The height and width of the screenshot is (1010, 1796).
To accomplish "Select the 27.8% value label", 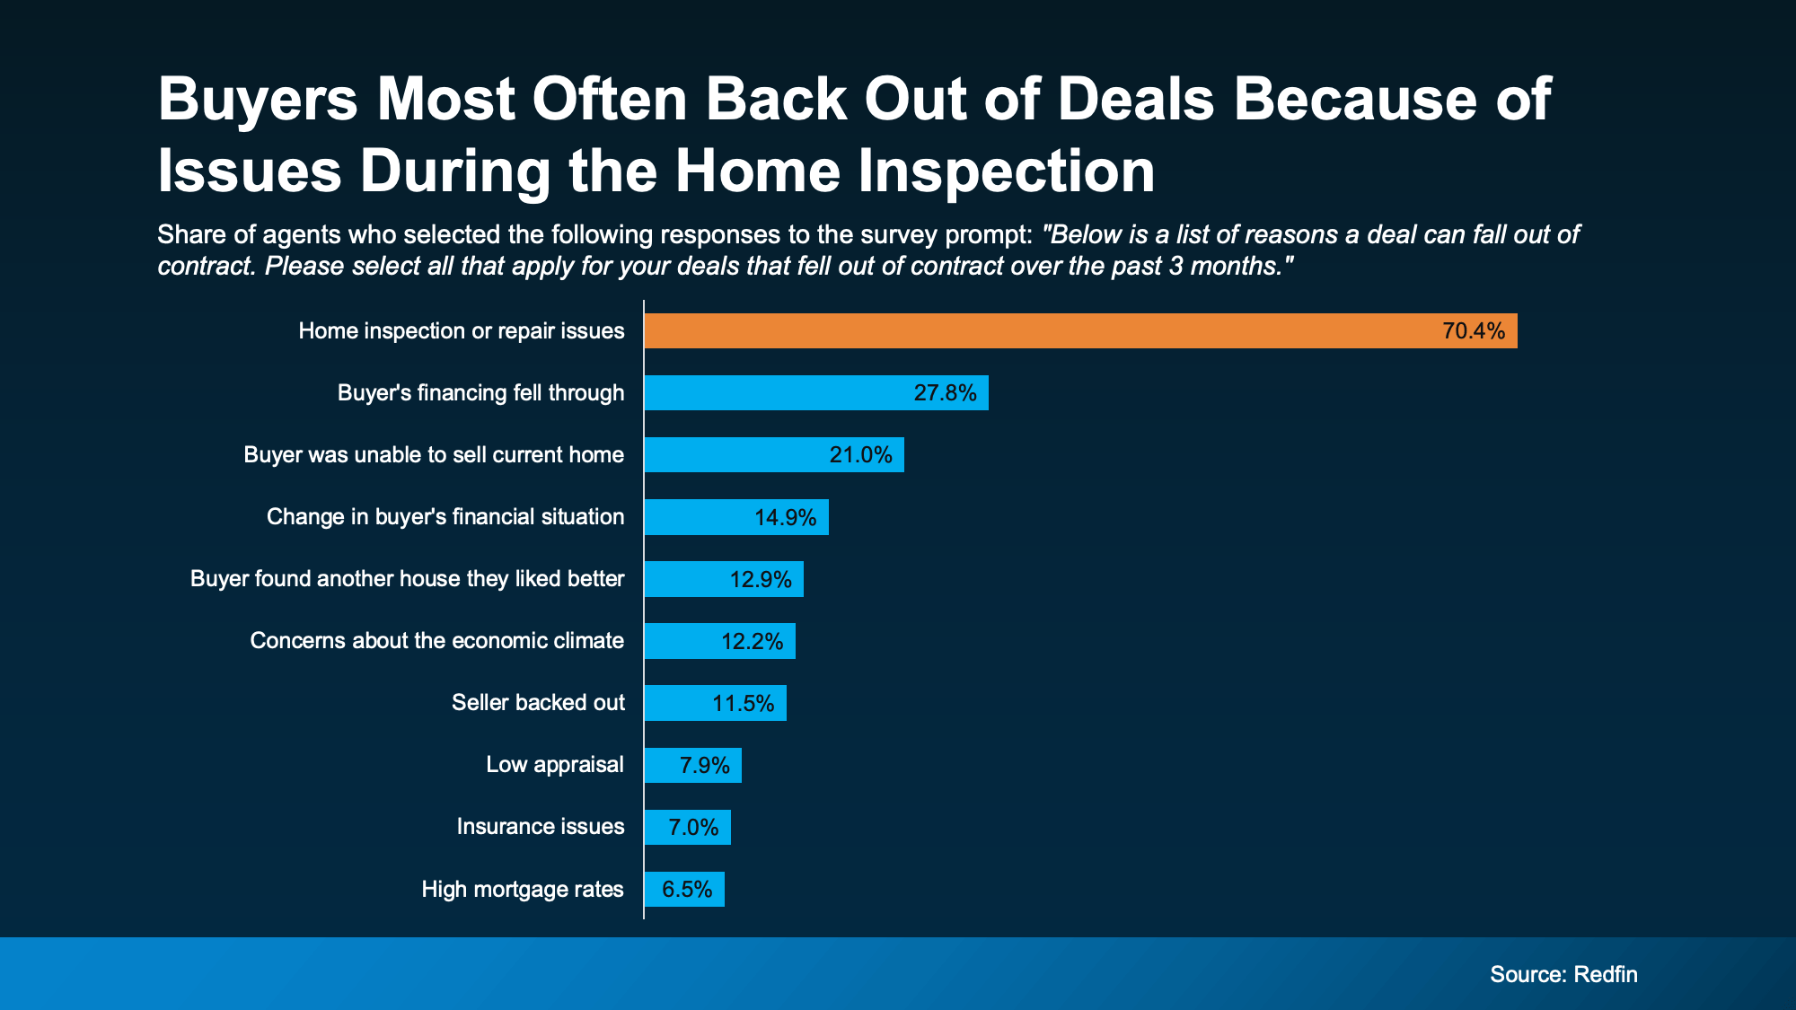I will [945, 393].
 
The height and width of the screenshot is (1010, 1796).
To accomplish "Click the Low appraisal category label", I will [554, 765].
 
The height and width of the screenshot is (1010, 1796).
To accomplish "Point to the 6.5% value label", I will [686, 890].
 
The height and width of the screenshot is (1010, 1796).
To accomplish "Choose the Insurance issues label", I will [540, 827].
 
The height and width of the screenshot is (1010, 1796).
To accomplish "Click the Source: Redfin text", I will [1563, 974].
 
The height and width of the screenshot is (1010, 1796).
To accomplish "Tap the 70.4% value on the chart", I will [1473, 331].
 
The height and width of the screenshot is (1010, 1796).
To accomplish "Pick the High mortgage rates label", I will [522, 890].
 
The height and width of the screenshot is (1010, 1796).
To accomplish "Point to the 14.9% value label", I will [785, 518].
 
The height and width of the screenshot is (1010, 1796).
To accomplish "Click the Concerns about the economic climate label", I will [436, 641].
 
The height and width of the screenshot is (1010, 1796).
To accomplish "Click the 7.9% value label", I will [704, 766].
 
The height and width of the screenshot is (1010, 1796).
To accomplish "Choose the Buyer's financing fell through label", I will [480, 393].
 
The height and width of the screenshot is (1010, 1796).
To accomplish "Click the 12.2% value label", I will [752, 642].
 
